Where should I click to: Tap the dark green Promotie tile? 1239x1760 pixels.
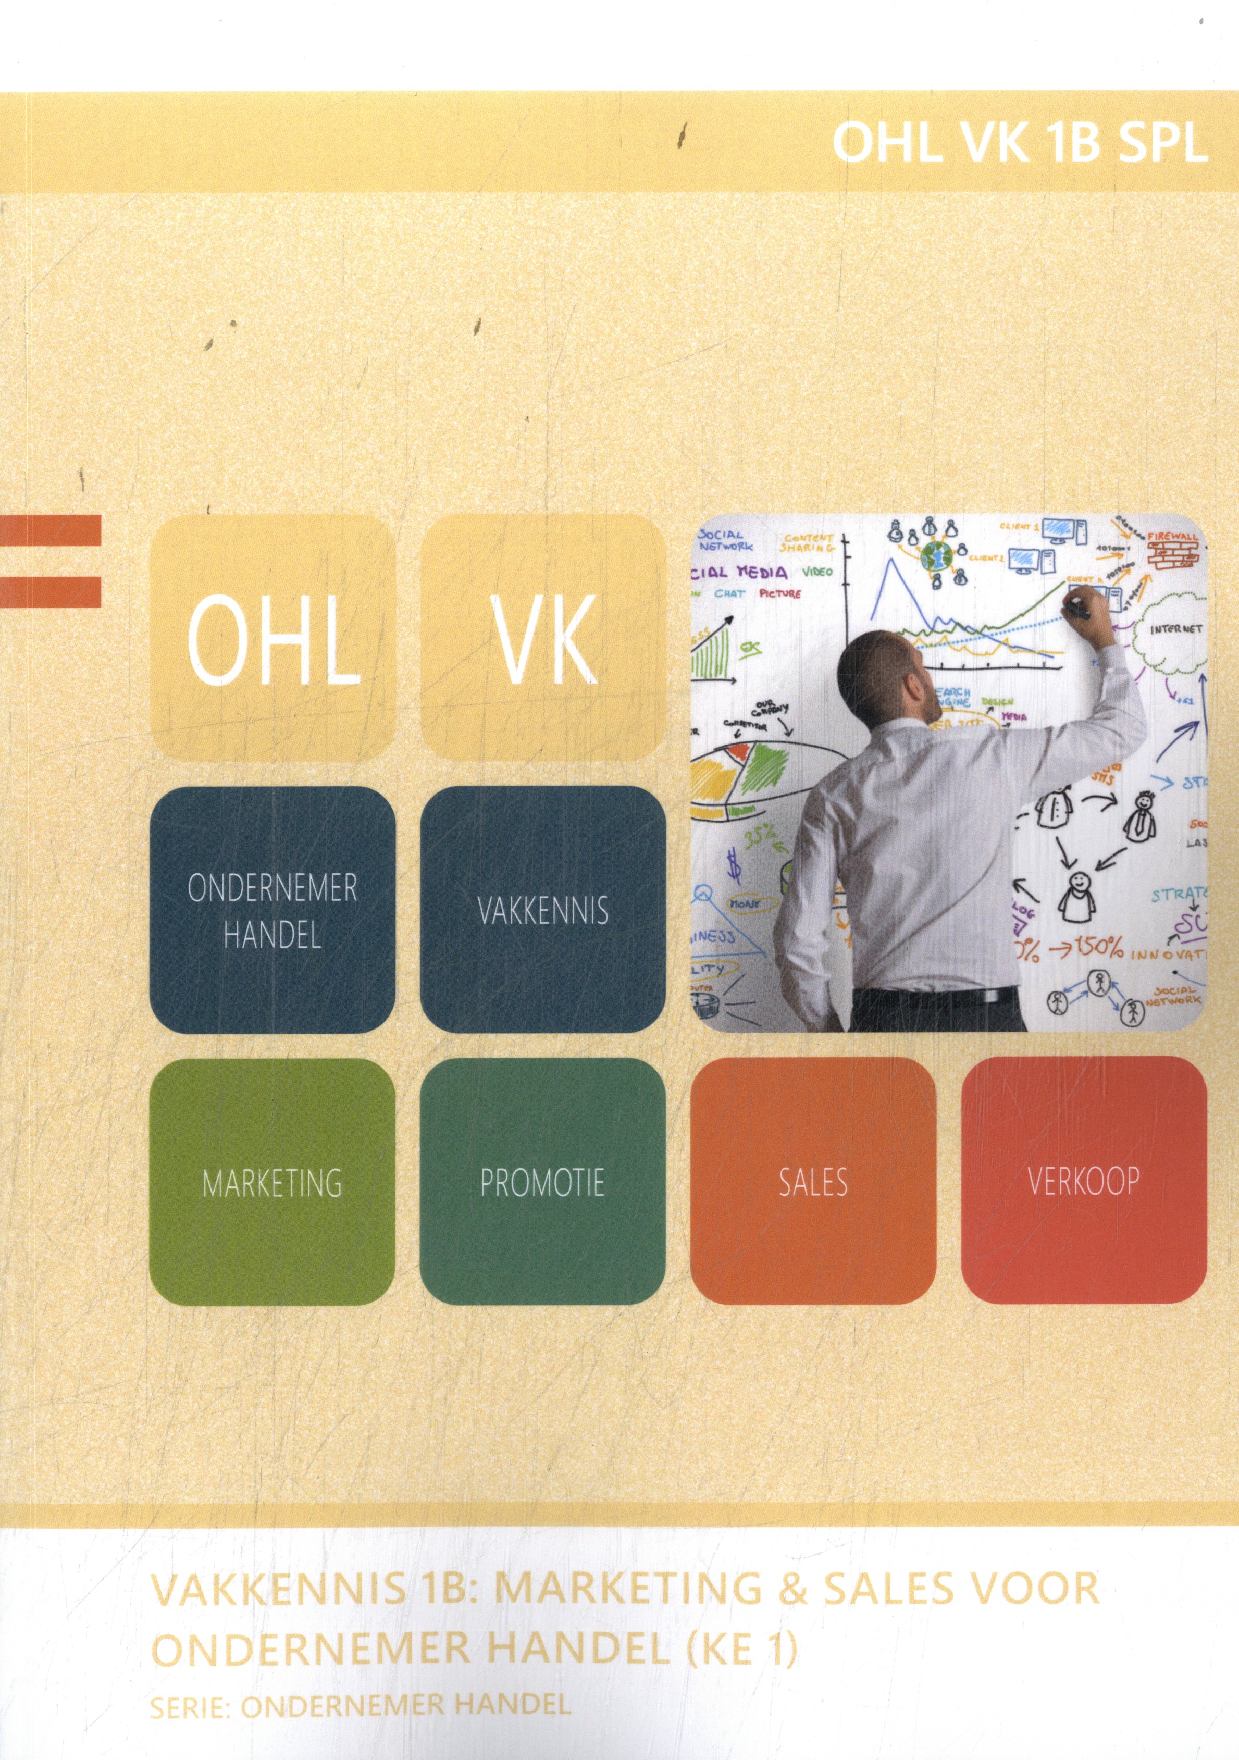pos(543,1182)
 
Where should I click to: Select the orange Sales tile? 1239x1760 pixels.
pos(813,1182)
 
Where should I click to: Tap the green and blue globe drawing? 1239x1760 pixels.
pos(936,555)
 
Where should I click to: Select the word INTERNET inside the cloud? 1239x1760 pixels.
pos(1176,629)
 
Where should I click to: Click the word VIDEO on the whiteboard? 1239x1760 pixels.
pos(817,571)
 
